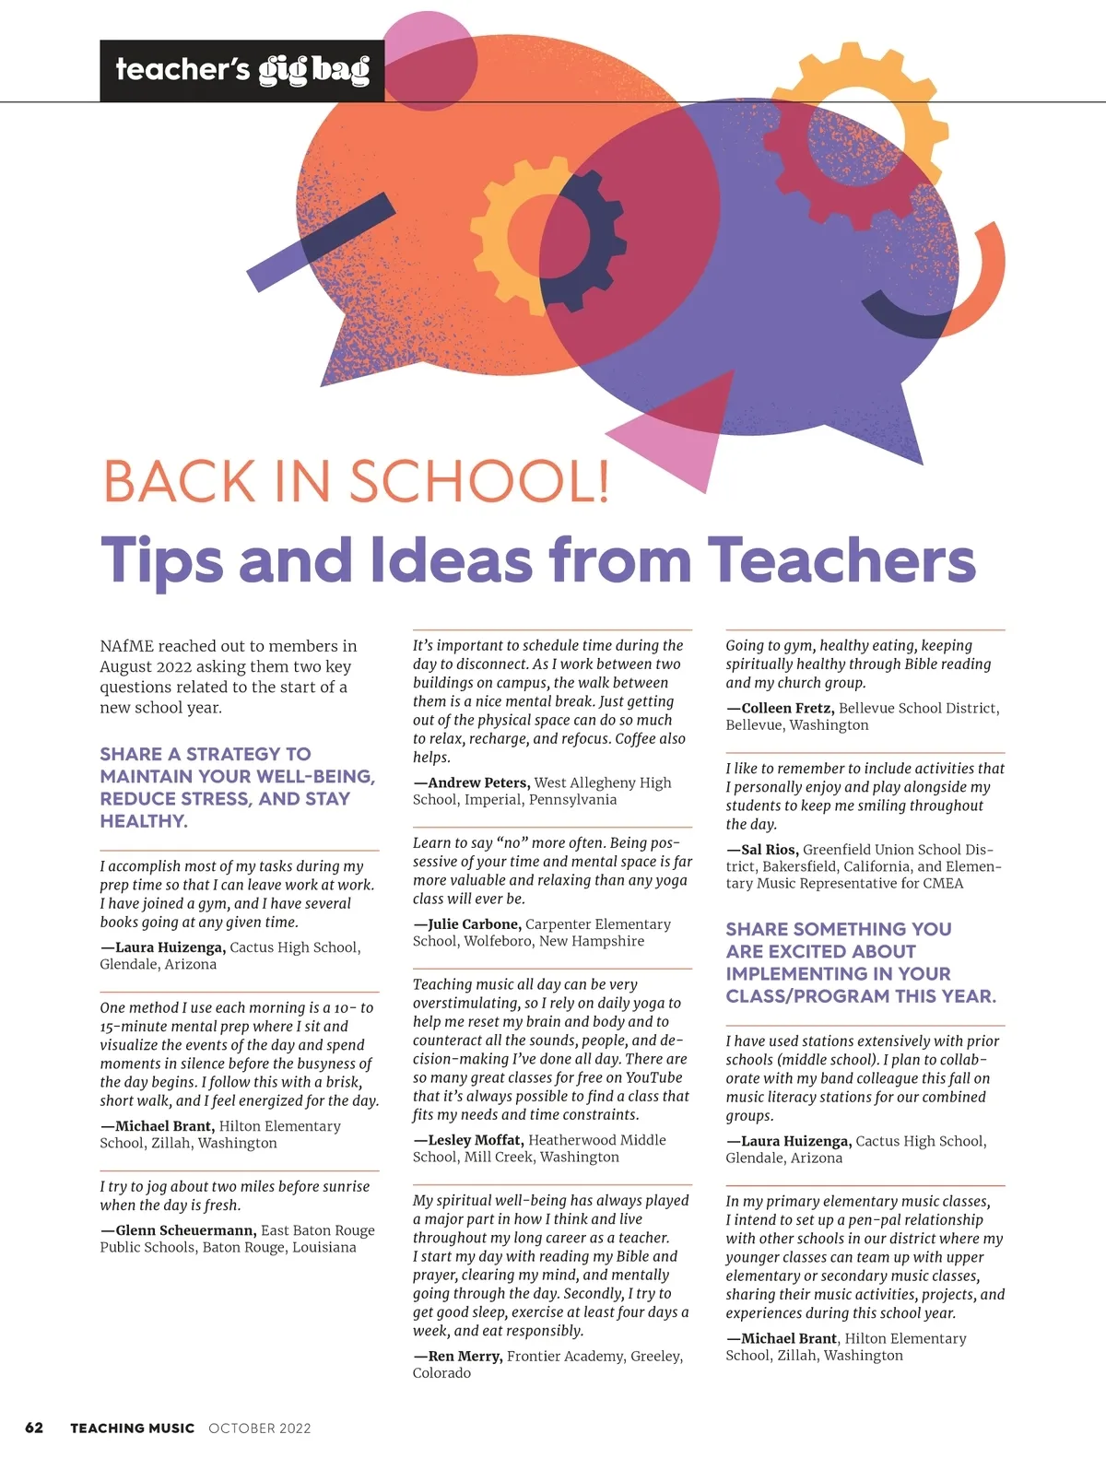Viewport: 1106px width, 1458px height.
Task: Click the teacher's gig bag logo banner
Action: tap(241, 70)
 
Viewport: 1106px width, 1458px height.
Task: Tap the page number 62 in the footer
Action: tap(34, 1428)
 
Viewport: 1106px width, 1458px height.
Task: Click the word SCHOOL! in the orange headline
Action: tap(479, 481)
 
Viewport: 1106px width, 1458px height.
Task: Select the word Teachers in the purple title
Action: tap(841, 560)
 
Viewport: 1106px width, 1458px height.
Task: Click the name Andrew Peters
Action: tap(478, 782)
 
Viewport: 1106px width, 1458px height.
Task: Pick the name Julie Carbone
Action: tap(474, 924)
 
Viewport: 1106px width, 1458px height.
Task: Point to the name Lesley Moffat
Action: tap(475, 1140)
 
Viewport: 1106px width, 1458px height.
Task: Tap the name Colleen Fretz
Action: tap(787, 708)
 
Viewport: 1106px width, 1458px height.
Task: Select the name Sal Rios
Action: tap(770, 850)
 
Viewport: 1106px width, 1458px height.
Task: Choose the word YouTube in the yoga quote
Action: tap(653, 1077)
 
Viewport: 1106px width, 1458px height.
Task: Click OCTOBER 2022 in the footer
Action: tap(260, 1429)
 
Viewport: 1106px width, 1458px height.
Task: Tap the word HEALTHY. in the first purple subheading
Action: tap(144, 821)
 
